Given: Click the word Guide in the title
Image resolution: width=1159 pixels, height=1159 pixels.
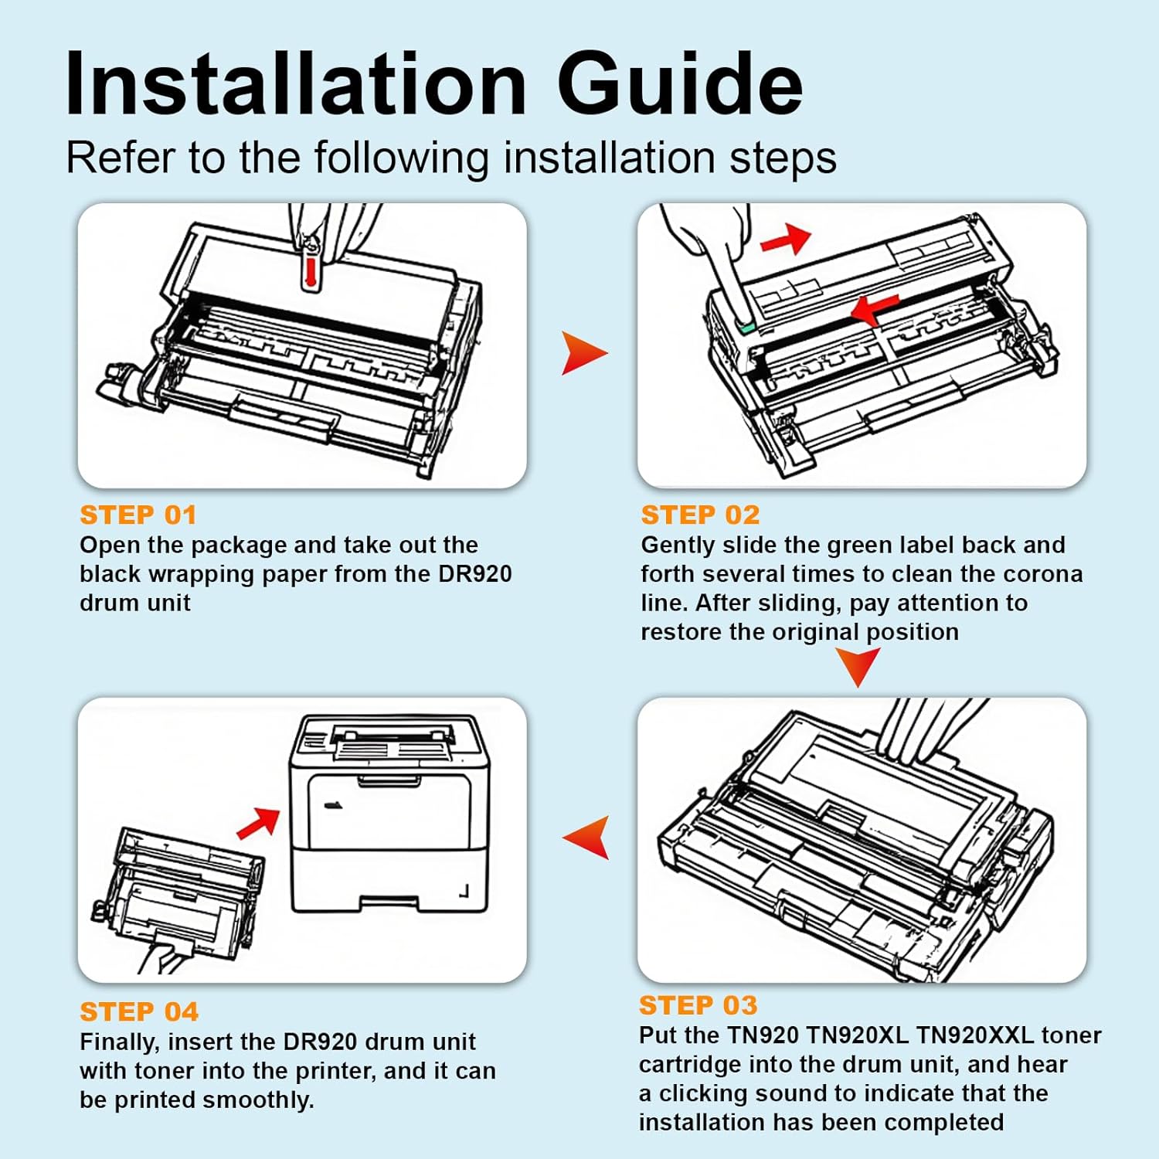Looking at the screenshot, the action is click(680, 83).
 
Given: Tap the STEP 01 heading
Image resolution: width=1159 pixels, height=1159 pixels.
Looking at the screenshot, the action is click(138, 515).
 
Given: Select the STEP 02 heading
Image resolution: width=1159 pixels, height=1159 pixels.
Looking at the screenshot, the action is click(700, 515).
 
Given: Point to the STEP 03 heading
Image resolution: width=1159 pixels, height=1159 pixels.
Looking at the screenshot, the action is click(698, 1004).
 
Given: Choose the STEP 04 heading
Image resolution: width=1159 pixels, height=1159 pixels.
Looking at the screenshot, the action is click(139, 1011).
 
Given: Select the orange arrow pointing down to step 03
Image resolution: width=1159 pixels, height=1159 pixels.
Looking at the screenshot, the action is click(858, 664).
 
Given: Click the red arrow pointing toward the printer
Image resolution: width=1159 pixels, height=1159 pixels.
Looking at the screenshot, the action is click(258, 824).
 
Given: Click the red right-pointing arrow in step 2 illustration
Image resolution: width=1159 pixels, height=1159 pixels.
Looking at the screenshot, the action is click(785, 239).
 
